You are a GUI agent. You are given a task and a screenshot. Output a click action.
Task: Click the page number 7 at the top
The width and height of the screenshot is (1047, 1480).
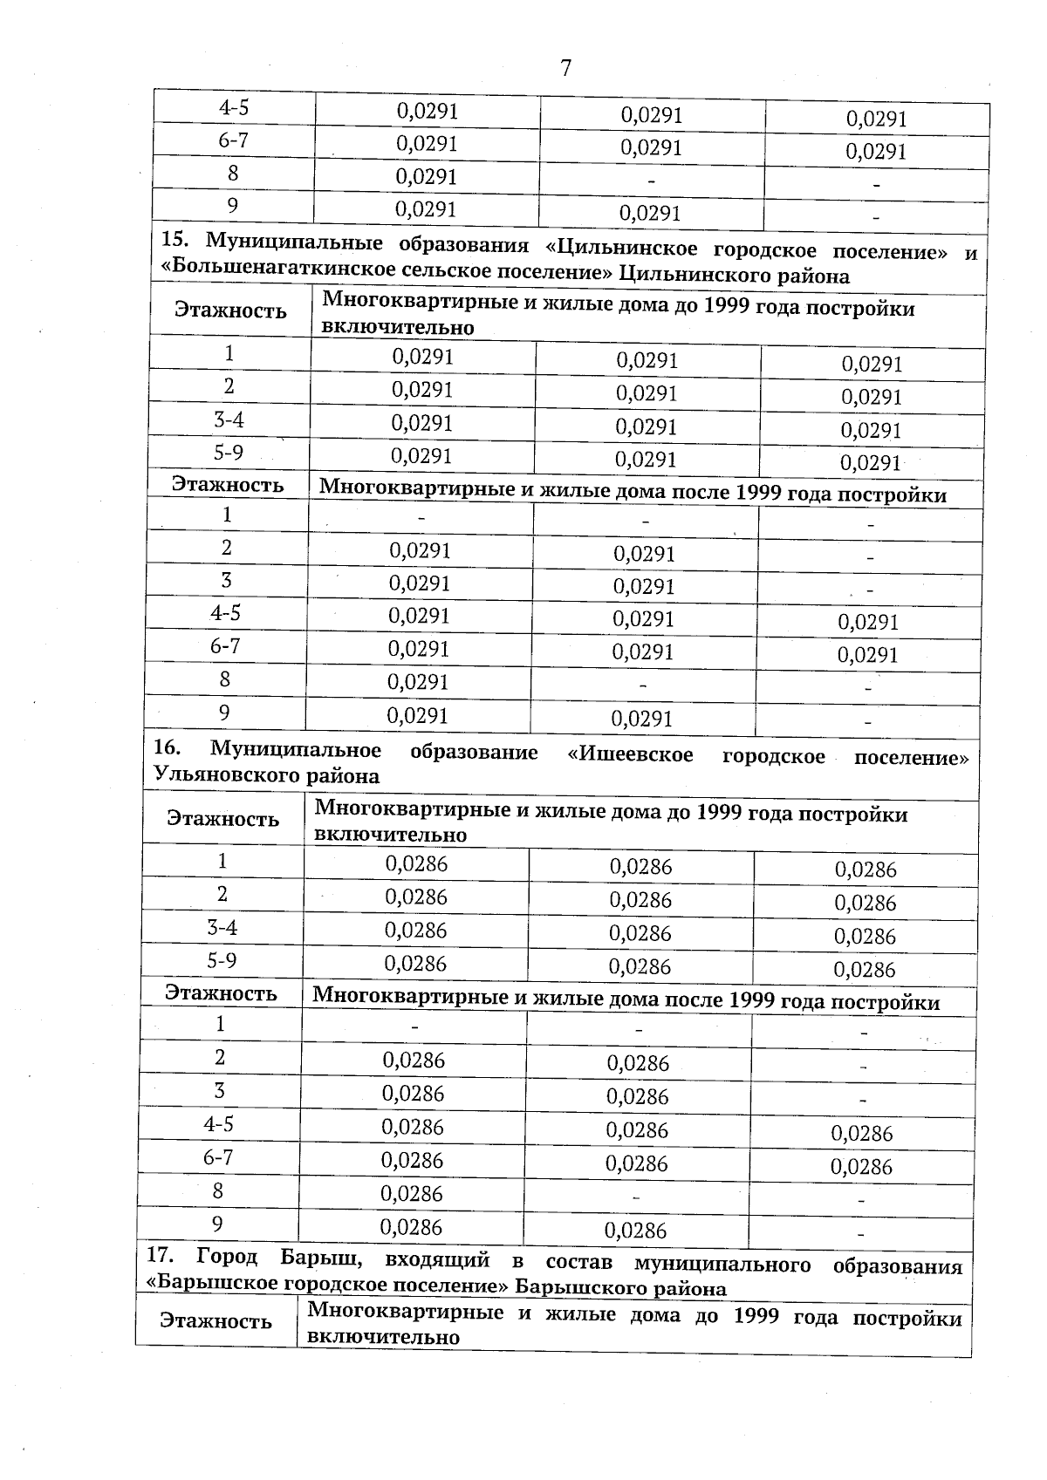coord(565,68)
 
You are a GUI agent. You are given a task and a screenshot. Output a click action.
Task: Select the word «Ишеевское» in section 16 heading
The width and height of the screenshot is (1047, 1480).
coord(630,754)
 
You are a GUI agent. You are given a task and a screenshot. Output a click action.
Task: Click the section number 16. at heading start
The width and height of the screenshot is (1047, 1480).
coord(167,748)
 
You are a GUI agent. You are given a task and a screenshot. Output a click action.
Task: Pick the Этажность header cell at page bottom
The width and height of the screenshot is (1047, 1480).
coord(216,1320)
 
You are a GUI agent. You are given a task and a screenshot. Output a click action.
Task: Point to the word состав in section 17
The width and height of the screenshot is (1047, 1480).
coord(577,1262)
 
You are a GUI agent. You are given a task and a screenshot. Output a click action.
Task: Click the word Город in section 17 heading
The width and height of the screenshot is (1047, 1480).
coord(227,1257)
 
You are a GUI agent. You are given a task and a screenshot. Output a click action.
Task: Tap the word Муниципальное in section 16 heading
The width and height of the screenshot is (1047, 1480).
coord(296,750)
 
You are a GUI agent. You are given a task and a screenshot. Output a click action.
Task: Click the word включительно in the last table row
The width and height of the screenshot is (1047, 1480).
coord(384,1337)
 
